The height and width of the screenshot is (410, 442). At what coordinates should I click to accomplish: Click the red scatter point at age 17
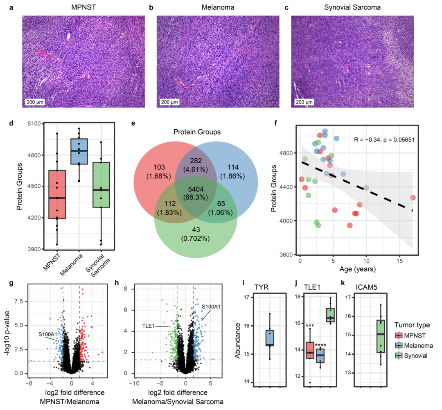[413, 198]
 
